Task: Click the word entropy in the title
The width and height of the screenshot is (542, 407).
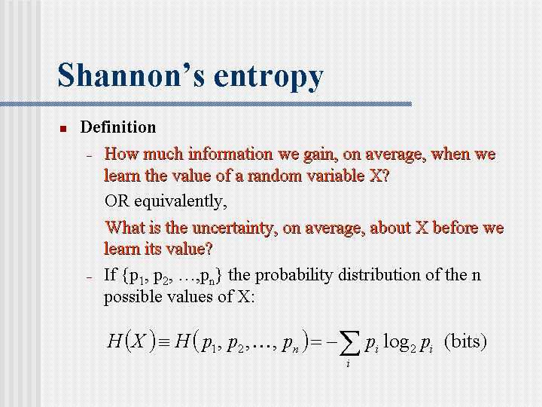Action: (x=269, y=78)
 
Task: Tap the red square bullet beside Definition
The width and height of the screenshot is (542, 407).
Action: (x=63, y=129)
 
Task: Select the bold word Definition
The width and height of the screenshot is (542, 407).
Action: (x=118, y=127)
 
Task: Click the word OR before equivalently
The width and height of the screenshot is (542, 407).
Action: (x=117, y=200)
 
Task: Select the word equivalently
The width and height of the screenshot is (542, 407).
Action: (x=181, y=202)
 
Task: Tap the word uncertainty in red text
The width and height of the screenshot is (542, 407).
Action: (x=235, y=228)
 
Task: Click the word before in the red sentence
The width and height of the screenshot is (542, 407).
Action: (x=455, y=228)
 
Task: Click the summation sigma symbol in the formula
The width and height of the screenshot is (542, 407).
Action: (x=349, y=343)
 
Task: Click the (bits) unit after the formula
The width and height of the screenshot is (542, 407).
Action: (x=465, y=342)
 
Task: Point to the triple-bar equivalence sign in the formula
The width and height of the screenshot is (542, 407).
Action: (x=165, y=342)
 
